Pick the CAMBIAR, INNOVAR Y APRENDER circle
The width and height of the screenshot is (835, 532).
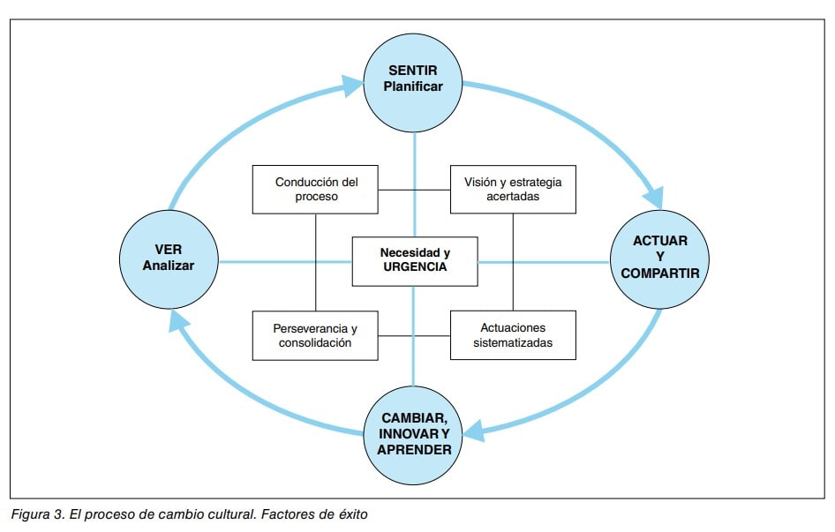point(414,433)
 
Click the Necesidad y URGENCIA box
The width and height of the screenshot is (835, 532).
point(414,260)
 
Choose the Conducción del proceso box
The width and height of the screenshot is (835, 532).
point(315,189)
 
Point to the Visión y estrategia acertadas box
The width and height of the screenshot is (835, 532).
point(513,189)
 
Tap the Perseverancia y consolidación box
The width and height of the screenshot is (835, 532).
point(315,334)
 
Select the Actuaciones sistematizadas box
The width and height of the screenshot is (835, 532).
point(513,334)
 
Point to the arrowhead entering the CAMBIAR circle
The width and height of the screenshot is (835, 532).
point(475,431)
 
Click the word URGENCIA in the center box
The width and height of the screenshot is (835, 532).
point(415,267)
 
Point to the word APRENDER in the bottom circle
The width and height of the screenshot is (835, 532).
point(414,450)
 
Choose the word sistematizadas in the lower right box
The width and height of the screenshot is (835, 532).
point(513,342)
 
